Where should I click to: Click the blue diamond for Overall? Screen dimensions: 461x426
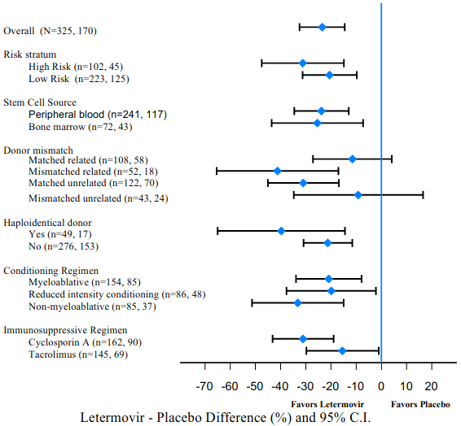(323, 28)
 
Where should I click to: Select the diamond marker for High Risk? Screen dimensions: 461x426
(302, 63)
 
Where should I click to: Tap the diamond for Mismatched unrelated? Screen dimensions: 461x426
(358, 195)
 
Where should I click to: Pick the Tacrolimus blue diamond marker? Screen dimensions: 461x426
(342, 351)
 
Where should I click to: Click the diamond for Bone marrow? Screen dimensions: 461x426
(317, 124)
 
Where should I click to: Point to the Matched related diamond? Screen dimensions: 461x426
(352, 159)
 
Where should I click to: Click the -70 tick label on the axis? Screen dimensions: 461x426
(204, 387)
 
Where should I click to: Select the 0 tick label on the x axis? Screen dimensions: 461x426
(381, 387)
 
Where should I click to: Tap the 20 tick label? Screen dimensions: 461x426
(431, 387)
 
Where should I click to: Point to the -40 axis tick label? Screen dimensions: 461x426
(280, 387)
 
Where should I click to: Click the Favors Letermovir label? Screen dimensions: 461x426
(327, 405)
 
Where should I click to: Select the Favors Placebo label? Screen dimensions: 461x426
(420, 405)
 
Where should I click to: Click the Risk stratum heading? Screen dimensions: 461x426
(29, 54)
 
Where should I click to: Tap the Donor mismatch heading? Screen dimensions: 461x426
(38, 150)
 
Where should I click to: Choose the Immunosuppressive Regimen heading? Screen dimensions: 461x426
(65, 330)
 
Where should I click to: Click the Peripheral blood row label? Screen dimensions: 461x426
(98, 115)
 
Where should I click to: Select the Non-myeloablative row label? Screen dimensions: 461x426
(92, 306)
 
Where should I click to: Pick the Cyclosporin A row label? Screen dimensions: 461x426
(85, 342)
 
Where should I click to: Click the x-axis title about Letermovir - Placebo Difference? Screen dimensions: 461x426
(226, 418)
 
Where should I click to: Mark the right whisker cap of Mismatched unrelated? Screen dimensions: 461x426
(423, 195)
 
